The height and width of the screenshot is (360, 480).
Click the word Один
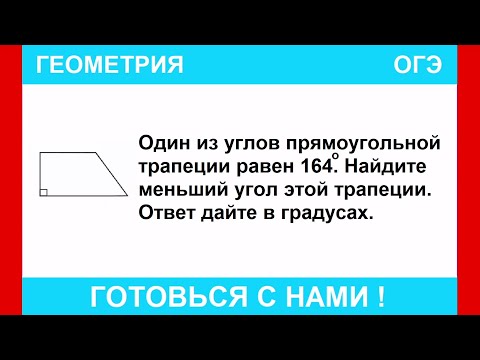click(160, 144)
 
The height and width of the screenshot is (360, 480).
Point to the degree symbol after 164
click(335, 156)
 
